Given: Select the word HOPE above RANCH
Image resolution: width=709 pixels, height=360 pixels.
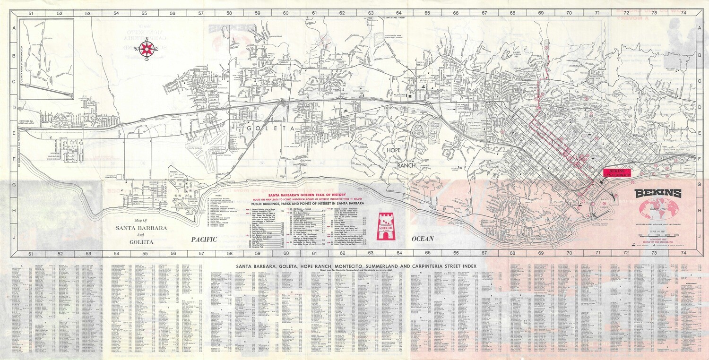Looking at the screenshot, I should [394, 150].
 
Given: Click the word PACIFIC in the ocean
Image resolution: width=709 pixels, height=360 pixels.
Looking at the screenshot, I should [204, 240].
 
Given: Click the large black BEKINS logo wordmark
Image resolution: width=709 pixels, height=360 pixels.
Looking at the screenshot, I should [658, 193].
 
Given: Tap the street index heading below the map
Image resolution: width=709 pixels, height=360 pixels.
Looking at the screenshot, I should [356, 266].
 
